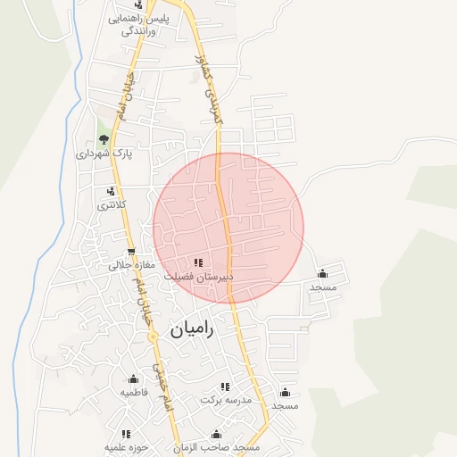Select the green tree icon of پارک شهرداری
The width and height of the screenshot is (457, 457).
click(104, 138)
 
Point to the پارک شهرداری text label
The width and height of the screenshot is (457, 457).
click(104, 154)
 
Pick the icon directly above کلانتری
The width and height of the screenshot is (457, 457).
click(111, 190)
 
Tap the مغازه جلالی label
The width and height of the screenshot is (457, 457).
click(132, 265)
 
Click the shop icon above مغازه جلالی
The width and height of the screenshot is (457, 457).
click(132, 252)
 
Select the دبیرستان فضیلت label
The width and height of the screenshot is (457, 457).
click(198, 277)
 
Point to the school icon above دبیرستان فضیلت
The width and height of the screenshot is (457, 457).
click(198, 262)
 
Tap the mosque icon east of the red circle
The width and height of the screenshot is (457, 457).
click(322, 273)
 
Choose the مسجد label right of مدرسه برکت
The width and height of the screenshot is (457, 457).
click(285, 406)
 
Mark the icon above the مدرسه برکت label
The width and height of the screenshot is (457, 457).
click(225, 386)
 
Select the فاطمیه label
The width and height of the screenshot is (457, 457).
click(134, 392)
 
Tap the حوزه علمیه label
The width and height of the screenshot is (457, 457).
click(125, 446)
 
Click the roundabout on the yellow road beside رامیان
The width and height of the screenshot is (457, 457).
click(153, 336)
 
